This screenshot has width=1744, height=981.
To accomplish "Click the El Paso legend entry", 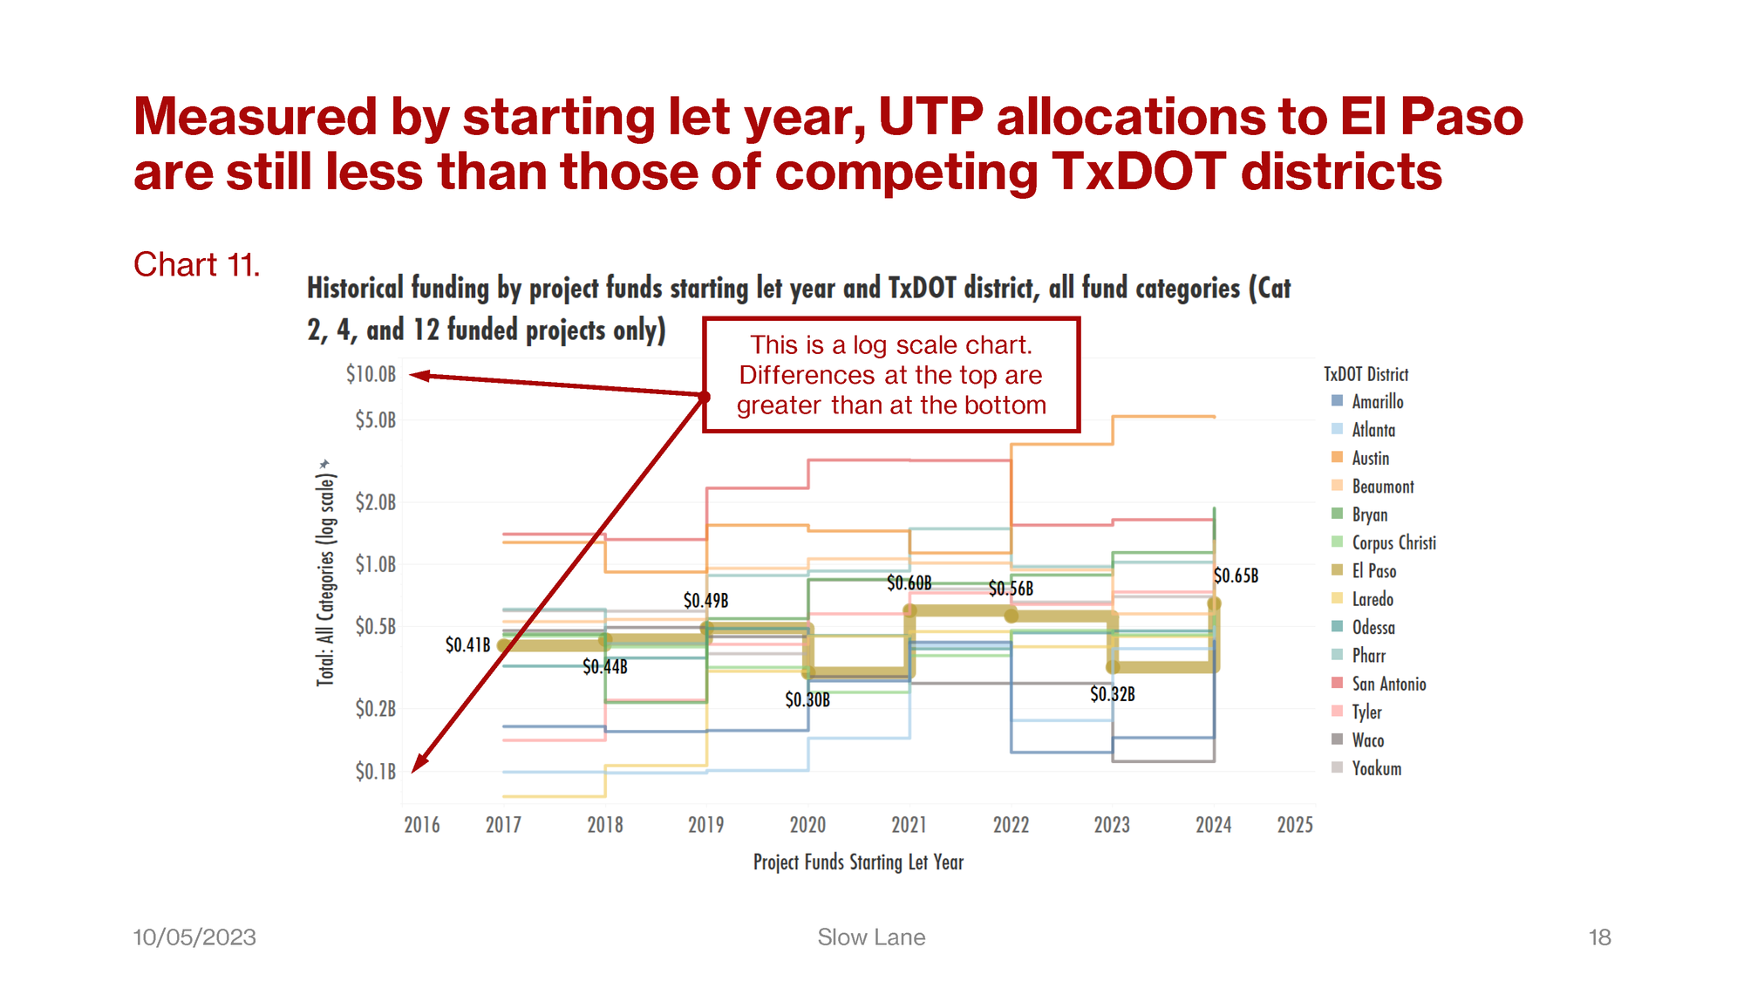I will point(1373,571).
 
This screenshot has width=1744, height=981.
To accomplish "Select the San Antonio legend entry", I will point(1388,685).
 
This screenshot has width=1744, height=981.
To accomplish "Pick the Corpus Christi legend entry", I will point(1393,542).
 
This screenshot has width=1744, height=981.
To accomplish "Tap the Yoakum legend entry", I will point(1376,768).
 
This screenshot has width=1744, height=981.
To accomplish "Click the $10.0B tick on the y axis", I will point(371,374).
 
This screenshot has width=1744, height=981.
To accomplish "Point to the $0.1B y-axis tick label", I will point(375,772).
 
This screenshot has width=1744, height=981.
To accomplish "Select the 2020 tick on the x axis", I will point(807,825).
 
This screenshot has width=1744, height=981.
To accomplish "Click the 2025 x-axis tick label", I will point(1295,825).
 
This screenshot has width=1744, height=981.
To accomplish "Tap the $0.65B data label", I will point(1236,576).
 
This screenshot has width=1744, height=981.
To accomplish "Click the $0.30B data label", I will point(807,699).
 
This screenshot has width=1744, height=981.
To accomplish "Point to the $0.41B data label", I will point(468,644).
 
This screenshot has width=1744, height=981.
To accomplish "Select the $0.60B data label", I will point(909,582).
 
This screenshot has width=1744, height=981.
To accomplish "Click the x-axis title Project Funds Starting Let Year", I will point(858,862).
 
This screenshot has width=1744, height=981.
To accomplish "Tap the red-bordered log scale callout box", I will point(891,375).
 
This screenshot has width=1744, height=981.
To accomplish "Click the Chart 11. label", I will point(196,265).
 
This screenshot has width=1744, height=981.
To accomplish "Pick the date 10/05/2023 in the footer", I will point(194,937).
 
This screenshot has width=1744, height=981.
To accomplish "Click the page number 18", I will point(1599,937).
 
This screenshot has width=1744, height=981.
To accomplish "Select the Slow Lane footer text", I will point(871,937).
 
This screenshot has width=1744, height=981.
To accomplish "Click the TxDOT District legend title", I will point(1366,374).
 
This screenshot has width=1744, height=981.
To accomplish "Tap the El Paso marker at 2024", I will point(1214,603).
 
